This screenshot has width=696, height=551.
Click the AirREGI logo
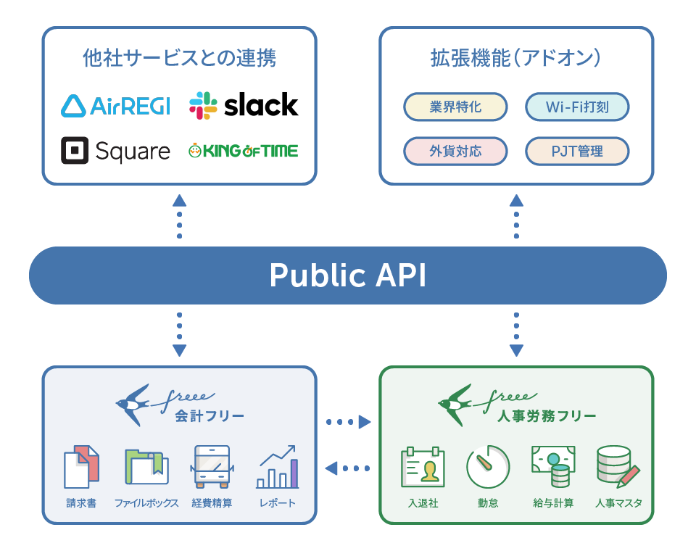tap(115, 106)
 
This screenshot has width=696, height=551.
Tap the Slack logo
tap(244, 105)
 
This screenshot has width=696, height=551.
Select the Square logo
tap(115, 151)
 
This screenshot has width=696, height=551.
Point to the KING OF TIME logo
tap(244, 151)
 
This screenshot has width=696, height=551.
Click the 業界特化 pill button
tap(455, 107)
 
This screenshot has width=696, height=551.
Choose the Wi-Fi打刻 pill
tap(577, 107)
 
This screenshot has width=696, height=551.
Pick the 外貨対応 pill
tap(455, 152)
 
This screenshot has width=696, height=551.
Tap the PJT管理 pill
tap(577, 152)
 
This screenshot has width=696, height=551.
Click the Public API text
tap(348, 275)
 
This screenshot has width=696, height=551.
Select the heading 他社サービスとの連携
tap(179, 58)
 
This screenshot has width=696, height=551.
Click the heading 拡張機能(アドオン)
tap(515, 58)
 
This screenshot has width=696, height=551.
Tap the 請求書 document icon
tap(81, 467)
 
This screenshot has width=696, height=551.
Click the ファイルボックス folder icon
tap(146, 467)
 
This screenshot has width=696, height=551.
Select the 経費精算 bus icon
tap(212, 467)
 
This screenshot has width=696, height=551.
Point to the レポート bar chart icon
tap(278, 467)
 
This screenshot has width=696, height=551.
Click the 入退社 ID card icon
tap(423, 467)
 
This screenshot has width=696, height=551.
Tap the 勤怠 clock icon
tap(488, 467)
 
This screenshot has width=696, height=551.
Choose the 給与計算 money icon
tap(553, 467)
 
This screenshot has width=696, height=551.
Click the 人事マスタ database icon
tap(618, 467)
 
